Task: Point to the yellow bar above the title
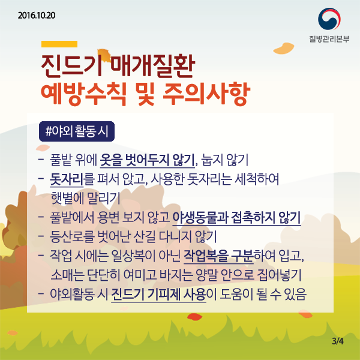tap(59, 44)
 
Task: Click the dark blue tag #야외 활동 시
tap(73, 131)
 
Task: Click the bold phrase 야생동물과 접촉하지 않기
tap(236, 217)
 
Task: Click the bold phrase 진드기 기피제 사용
tap(158, 294)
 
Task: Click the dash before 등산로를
tap(40, 236)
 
